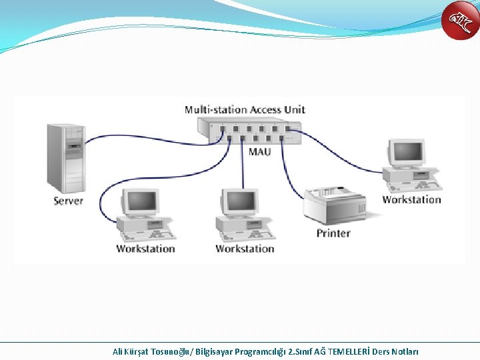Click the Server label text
coord(69,200)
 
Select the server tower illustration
coord(65,158)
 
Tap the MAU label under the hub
coord(260,152)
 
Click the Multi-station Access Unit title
coord(245,109)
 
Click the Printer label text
coord(333,233)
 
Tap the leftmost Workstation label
coord(145,249)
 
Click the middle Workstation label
coord(245,249)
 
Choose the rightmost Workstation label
coord(412,199)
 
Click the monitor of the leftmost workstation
coord(141,202)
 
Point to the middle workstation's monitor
coord(240,202)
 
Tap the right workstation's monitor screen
coord(407,153)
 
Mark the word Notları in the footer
coord(405,351)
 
